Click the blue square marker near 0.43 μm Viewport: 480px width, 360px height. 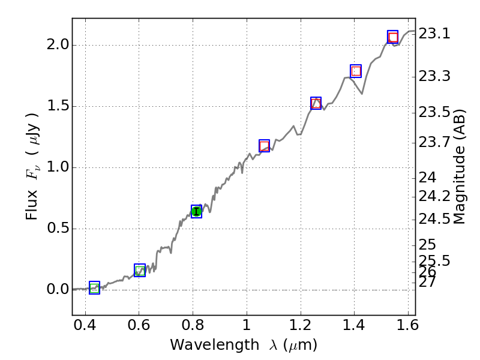pyautogui.click(x=94, y=288)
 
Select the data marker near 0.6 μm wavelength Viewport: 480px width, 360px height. pyautogui.click(x=140, y=271)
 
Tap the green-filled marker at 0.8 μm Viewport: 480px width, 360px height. pyautogui.click(x=196, y=211)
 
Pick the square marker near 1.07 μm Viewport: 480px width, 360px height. pyautogui.click(x=264, y=146)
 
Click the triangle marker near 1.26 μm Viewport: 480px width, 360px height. pyautogui.click(x=316, y=103)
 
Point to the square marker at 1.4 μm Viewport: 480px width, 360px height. pyautogui.click(x=356, y=71)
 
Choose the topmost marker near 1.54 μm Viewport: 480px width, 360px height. pyautogui.click(x=392, y=37)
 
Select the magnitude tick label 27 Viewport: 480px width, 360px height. pyautogui.click(x=427, y=281)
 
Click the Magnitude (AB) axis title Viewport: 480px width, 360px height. pyautogui.click(x=460, y=166)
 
